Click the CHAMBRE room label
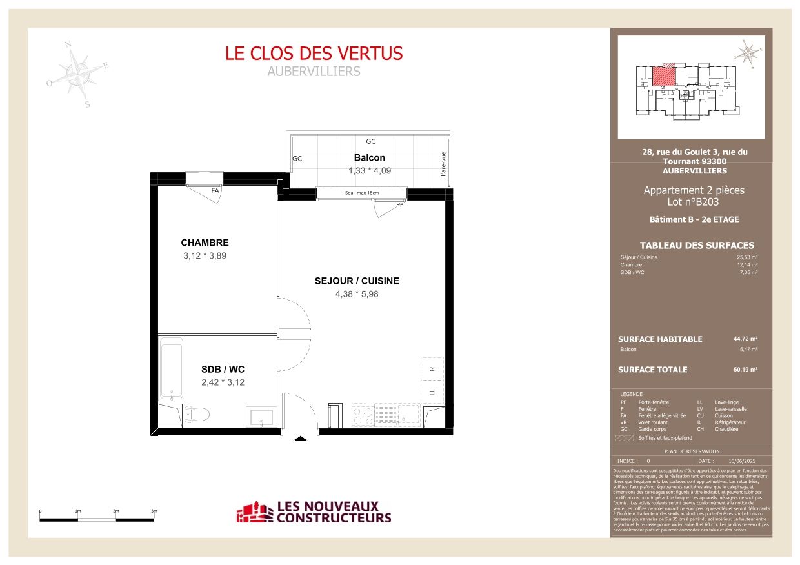[205, 243]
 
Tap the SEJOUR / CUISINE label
[357, 281]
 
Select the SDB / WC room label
[223, 370]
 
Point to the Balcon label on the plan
[370, 158]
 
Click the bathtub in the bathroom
[172, 371]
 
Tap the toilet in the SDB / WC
[198, 413]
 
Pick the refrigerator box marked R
[432, 369]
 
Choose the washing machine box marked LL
[432, 392]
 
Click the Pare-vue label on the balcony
[443, 164]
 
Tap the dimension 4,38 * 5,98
[357, 294]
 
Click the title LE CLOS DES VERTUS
[314, 54]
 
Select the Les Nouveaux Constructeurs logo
[314, 513]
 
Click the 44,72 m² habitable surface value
[745, 339]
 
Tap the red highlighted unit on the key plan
[665, 77]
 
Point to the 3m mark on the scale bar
[154, 511]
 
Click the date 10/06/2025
[741, 461]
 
